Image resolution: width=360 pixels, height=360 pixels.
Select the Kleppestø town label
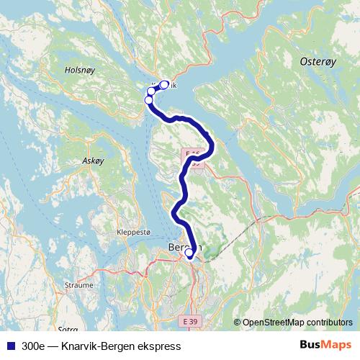pyautogui.click(x=133, y=233)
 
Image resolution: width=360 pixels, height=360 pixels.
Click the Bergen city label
pyautogui.click(x=184, y=248)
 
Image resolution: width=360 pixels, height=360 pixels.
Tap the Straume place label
pyautogui.click(x=79, y=284)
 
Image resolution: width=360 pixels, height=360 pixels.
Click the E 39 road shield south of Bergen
pyautogui.click(x=189, y=319)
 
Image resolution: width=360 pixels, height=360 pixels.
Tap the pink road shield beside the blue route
pyautogui.click(x=193, y=158)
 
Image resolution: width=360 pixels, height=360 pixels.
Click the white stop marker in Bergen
pyautogui.click(x=189, y=253)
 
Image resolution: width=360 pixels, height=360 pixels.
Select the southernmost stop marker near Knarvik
pyautogui.click(x=149, y=100)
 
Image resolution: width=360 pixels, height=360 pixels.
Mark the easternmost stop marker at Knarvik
pyautogui.click(x=164, y=84)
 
